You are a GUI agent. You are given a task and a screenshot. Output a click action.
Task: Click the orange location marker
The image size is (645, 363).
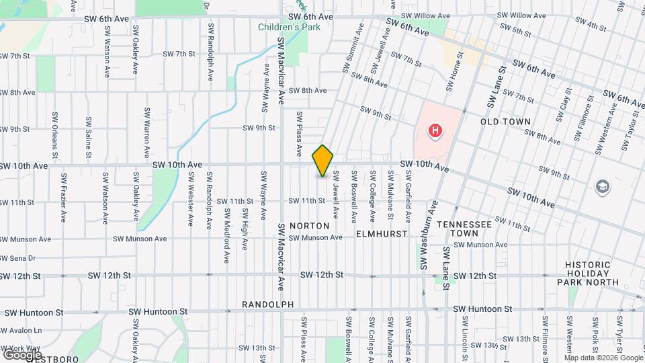(323, 161)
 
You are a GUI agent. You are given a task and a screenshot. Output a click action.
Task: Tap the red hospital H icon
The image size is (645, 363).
(435, 131)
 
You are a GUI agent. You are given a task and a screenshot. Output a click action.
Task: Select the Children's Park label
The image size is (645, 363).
(290, 27)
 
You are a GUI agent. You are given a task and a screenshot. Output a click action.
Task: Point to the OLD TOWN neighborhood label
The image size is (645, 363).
(506, 122)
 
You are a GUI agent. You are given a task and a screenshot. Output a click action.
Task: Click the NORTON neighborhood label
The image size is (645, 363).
(310, 226)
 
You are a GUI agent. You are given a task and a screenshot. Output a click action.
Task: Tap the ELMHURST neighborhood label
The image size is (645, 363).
(382, 234)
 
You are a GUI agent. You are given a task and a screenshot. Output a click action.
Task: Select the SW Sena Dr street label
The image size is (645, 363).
(17, 258)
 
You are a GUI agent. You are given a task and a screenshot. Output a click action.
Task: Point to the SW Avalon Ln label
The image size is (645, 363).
(21, 330)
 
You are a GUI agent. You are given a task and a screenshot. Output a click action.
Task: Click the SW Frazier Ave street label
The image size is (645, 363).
(64, 198)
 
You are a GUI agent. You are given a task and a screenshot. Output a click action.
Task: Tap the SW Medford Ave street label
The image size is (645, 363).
(227, 239)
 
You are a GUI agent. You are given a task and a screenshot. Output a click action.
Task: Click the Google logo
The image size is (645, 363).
(22, 354)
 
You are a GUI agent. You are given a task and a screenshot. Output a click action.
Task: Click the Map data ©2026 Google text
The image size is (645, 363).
(604, 357)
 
